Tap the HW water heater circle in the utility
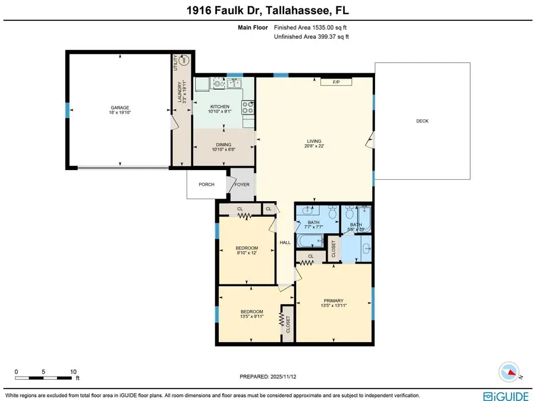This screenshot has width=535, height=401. point(184,59)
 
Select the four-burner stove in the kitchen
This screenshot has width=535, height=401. point(247,107)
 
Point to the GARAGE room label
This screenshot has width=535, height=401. point(119,108)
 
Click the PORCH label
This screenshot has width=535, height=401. point(206,184)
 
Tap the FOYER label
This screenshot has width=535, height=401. point(242,184)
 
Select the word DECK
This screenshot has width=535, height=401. point(422,121)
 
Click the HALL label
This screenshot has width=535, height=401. point(285,242)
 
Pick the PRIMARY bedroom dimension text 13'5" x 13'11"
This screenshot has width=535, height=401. point(333,305)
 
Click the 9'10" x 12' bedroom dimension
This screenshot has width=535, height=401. point(247,253)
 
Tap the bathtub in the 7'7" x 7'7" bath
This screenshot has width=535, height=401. point(309,241)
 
